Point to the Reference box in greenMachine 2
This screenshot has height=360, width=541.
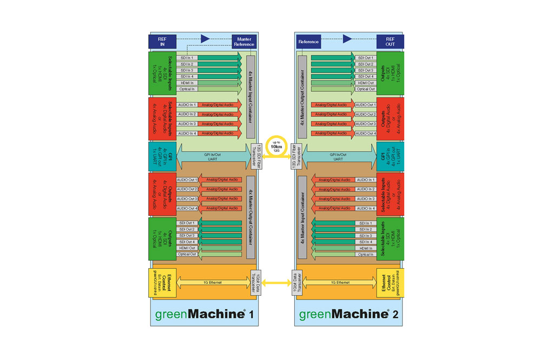pyautogui.click(x=309, y=42)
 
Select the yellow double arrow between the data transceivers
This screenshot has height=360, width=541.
pyautogui.click(x=276, y=281)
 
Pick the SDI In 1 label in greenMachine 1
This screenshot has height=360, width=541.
pyautogui.click(x=187, y=57)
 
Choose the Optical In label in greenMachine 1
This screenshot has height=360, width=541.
pyautogui.click(x=187, y=89)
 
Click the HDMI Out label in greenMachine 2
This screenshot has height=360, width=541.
pyautogui.click(x=365, y=83)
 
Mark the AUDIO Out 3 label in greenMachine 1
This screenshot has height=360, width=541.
pyautogui.click(x=187, y=199)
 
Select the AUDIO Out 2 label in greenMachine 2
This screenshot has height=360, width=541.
pyautogui.click(x=365, y=114)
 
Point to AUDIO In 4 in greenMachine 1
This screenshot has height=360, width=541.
pyautogui.click(x=187, y=133)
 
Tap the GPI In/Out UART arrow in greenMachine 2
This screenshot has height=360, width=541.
pyautogui.click(x=339, y=156)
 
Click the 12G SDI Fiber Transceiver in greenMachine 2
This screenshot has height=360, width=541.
pyautogui.click(x=295, y=157)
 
